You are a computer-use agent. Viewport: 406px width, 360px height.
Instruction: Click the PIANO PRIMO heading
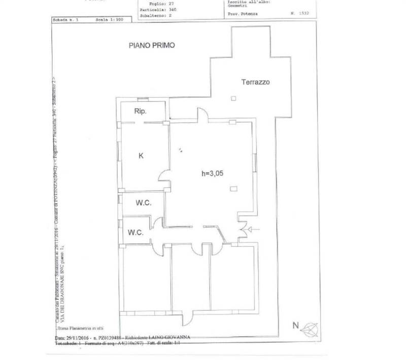tap(151, 45)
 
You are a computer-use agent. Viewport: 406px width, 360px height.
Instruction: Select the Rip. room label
tap(141, 112)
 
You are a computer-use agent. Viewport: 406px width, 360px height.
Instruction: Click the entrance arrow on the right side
tap(252, 231)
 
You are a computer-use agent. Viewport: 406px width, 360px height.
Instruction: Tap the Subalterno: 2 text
tap(158, 16)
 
